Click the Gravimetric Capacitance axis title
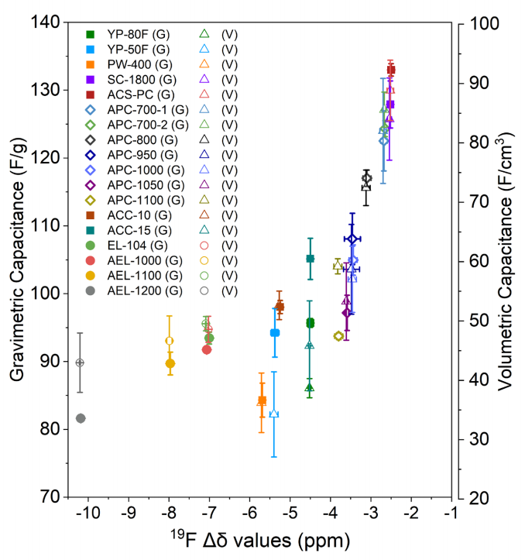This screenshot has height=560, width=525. click(16, 260)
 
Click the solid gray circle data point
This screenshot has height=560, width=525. click(81, 418)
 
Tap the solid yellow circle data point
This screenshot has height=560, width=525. click(170, 363)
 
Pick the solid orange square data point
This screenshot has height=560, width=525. click(262, 400)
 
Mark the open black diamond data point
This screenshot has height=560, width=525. click(366, 179)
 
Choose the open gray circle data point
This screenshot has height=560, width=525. click(80, 362)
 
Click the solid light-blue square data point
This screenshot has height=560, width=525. click(275, 332)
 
